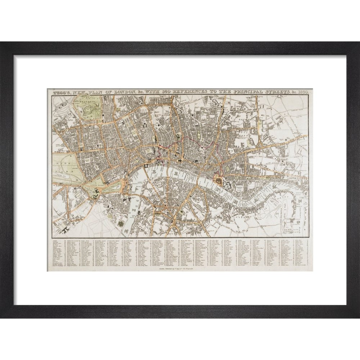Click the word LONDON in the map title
(123, 93)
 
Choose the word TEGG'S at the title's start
(62, 93)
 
